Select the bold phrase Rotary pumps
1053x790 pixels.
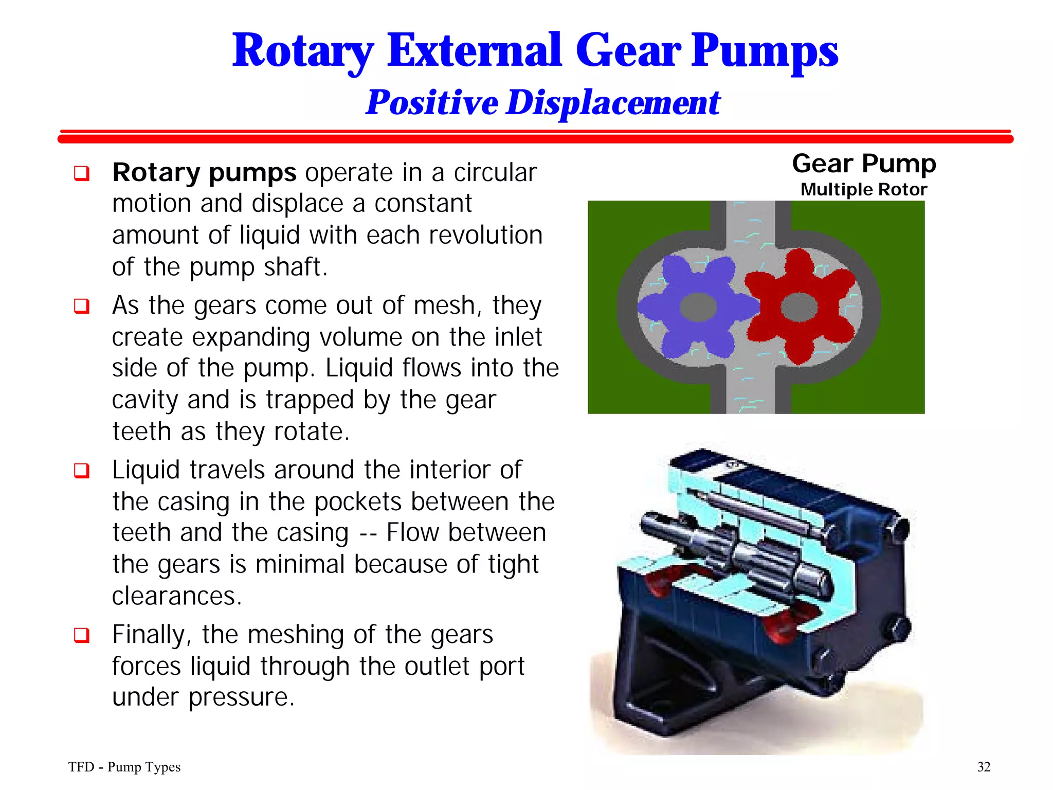(x=204, y=172)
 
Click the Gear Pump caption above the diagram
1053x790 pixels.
(x=864, y=164)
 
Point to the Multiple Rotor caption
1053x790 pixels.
(x=864, y=189)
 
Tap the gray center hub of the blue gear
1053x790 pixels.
(x=698, y=307)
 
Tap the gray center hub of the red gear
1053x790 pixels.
(x=798, y=307)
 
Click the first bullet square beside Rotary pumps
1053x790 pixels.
(x=82, y=173)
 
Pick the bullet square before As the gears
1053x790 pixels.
(x=82, y=306)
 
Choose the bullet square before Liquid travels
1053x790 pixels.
(x=82, y=471)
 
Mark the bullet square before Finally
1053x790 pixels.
(x=82, y=635)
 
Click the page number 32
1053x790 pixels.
(x=984, y=767)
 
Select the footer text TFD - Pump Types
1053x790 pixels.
(x=124, y=767)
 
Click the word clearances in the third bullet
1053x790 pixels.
(x=176, y=596)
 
